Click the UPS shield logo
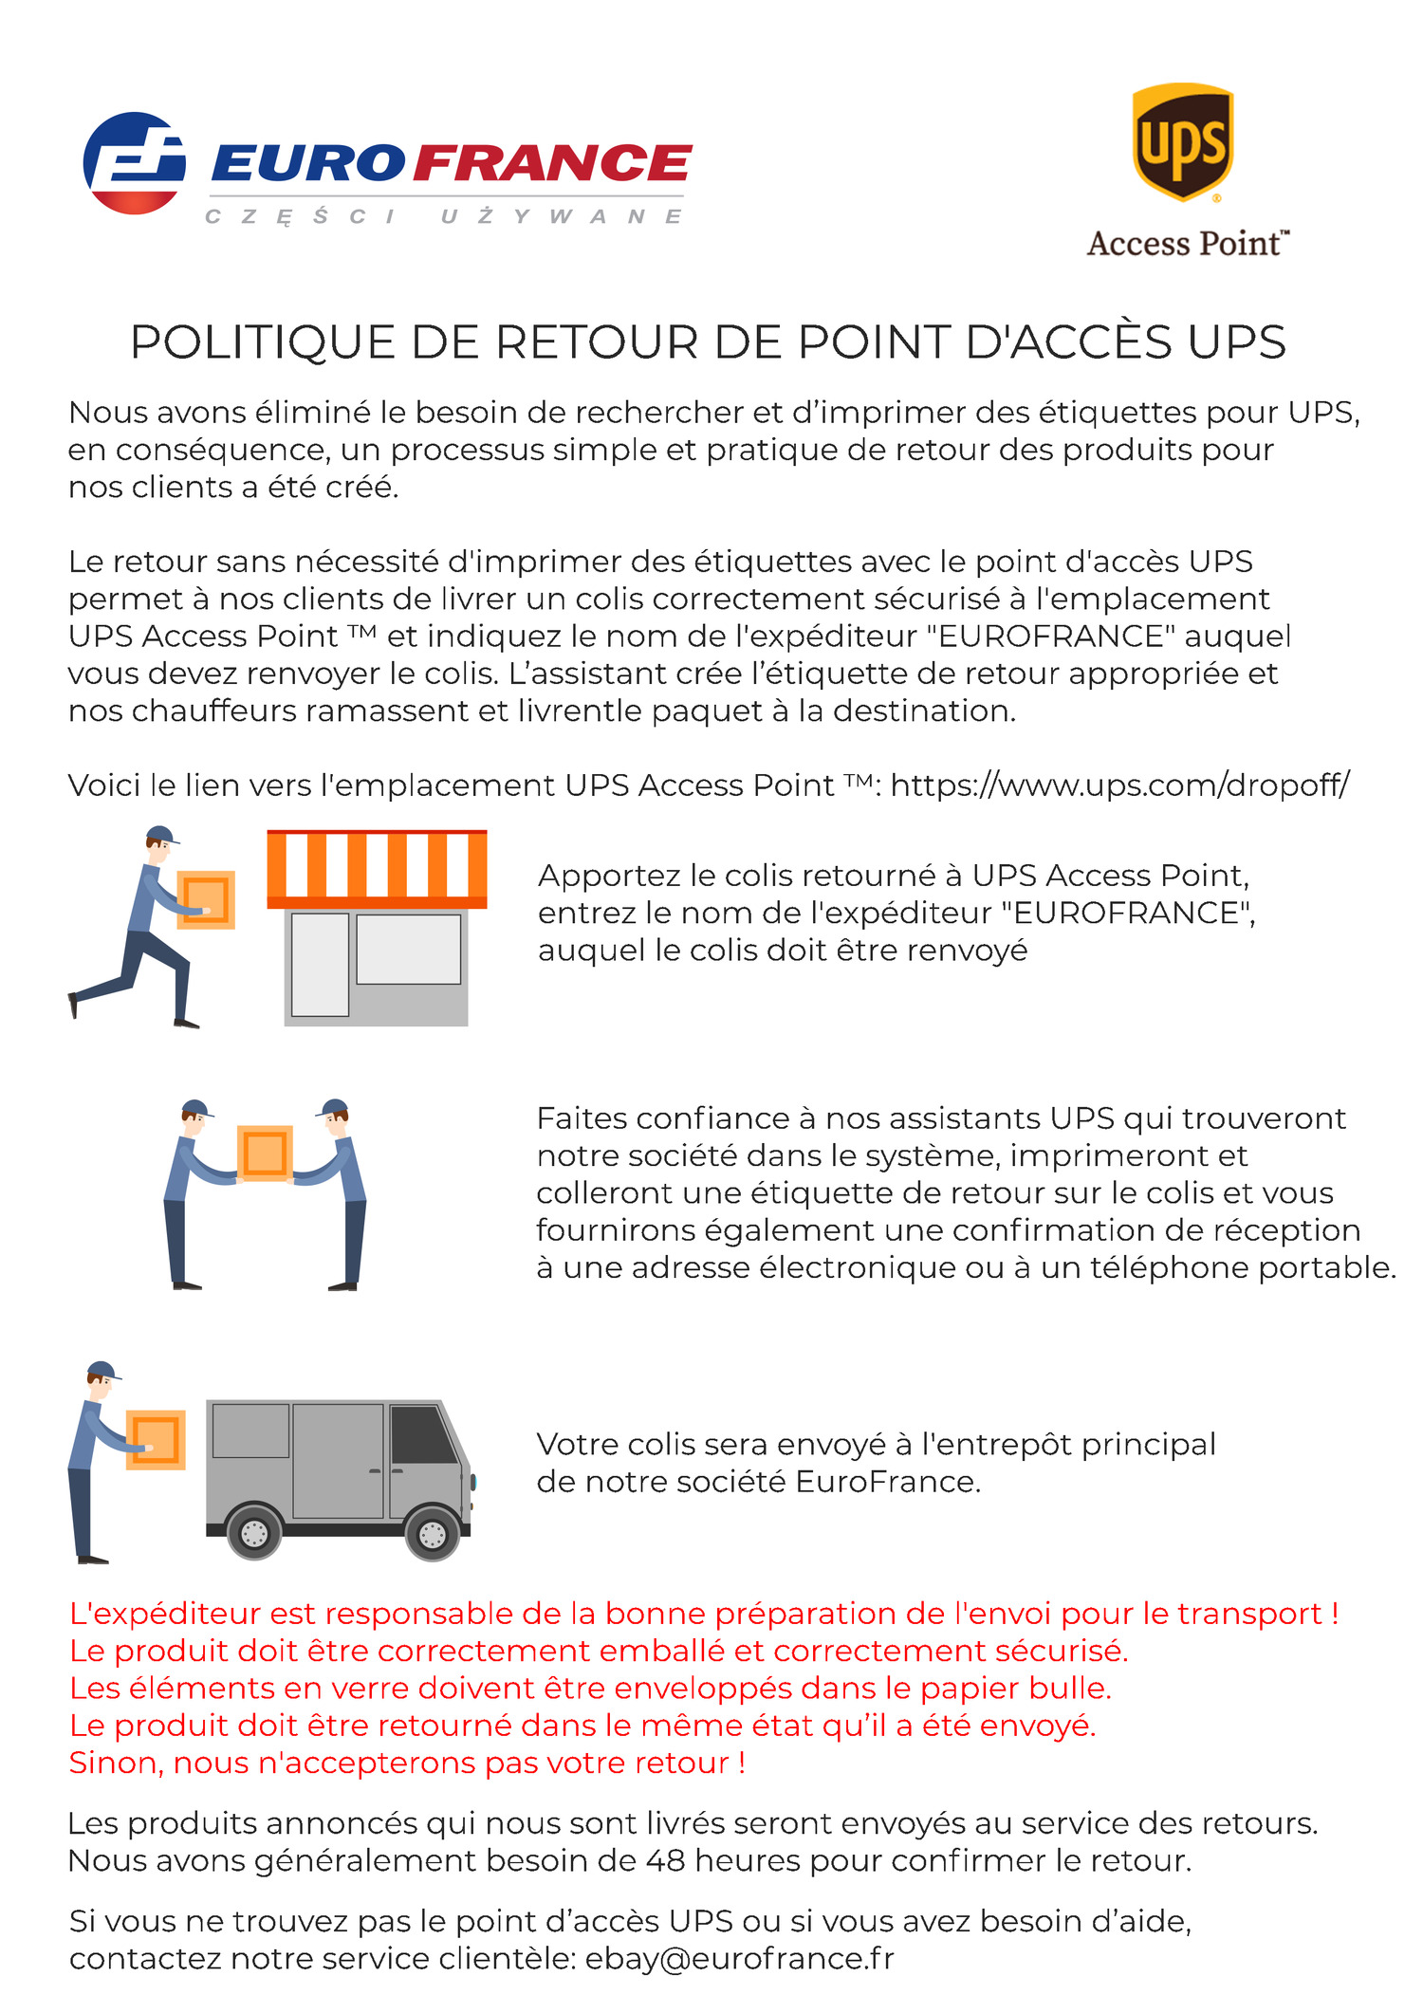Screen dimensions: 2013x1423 [x=1182, y=142]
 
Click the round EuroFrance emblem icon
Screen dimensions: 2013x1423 [x=134, y=163]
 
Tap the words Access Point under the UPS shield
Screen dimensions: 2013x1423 [x=1187, y=244]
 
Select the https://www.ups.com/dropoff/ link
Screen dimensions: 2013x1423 [x=1119, y=785]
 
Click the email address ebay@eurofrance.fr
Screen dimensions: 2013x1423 [x=739, y=1958]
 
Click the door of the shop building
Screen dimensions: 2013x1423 [x=320, y=964]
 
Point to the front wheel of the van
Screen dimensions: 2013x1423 [x=432, y=1533]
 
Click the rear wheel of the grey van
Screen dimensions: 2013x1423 [x=254, y=1533]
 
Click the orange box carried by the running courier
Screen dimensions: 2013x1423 [x=206, y=899]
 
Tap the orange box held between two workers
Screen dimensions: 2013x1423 [x=265, y=1154]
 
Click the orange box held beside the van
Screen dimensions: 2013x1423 [x=156, y=1440]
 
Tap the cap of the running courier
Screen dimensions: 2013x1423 [x=162, y=835]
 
